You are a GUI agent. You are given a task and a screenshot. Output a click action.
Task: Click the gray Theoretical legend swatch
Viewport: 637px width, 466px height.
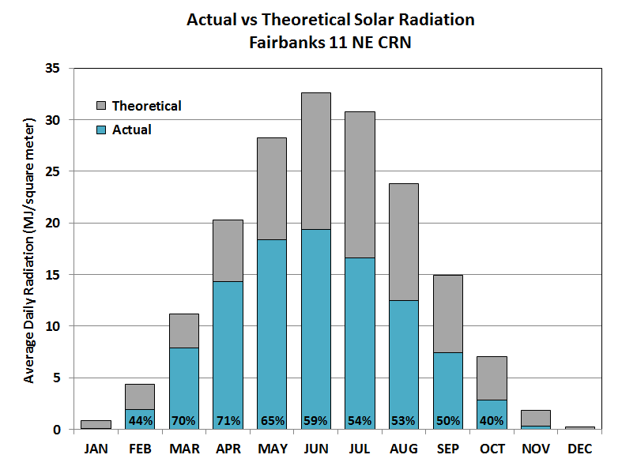pos(101,106)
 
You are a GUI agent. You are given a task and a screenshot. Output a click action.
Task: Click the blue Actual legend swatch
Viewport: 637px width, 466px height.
pos(101,130)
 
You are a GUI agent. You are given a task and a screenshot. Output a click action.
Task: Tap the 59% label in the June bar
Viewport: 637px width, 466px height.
pos(315,421)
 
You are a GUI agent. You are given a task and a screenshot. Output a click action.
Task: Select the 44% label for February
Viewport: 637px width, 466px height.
pos(140,421)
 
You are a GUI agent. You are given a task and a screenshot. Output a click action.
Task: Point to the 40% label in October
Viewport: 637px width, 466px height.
pos(492,421)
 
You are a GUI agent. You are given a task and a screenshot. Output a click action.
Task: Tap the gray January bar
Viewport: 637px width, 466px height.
pos(96,424)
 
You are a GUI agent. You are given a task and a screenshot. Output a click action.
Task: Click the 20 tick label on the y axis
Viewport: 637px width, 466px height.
pos(54,224)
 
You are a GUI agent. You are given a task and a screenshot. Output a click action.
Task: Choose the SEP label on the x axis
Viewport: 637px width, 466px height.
pos(447,449)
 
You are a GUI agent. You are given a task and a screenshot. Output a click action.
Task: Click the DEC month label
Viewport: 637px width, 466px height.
pos(579,449)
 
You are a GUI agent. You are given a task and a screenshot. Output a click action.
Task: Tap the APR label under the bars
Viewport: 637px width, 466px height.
pos(228,449)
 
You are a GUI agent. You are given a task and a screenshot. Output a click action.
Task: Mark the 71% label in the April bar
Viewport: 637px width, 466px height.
pos(228,421)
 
